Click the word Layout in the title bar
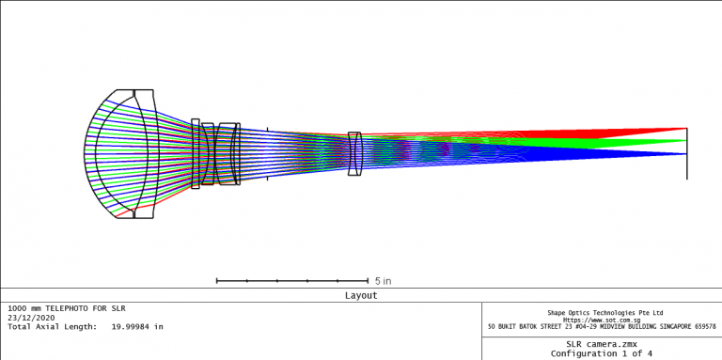(361, 295)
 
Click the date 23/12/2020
(31, 318)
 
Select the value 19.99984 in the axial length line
(126, 327)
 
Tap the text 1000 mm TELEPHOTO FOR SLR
(66, 308)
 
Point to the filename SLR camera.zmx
(601, 344)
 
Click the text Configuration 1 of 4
(601, 353)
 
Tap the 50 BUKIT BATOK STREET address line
(602, 327)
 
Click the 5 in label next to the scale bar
(383, 281)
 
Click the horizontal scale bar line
(291, 280)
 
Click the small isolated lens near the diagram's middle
(354, 153)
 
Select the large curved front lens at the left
(122, 154)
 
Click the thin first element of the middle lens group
(196, 153)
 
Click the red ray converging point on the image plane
(686, 128)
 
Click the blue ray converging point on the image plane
(686, 153)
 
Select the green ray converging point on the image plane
(686, 141)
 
